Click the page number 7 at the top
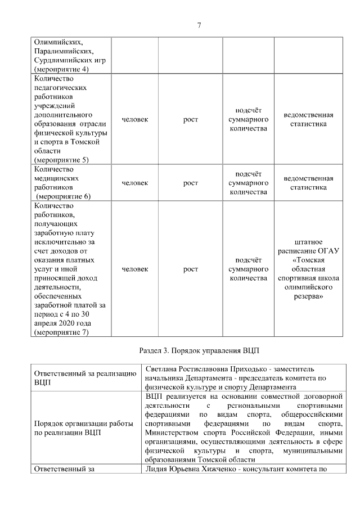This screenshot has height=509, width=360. [x=199, y=25]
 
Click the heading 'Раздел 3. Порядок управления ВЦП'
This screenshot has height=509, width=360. [x=199, y=350]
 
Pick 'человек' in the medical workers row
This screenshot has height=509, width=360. [x=135, y=183]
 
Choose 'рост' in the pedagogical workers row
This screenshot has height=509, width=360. [x=191, y=119]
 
